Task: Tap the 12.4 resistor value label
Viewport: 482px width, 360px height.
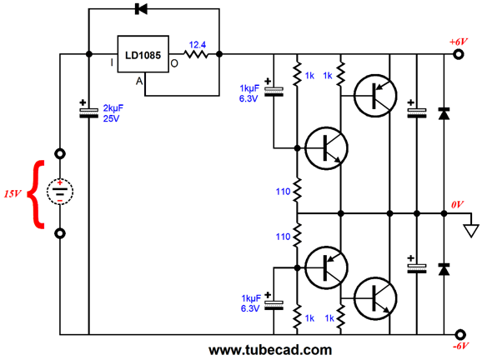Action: click(x=197, y=45)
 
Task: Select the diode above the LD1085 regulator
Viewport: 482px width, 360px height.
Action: click(x=141, y=8)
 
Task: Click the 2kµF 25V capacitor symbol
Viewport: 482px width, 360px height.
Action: click(x=89, y=112)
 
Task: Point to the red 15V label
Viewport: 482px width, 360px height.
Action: click(x=13, y=193)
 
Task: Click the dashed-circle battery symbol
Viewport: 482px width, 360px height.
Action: click(x=60, y=192)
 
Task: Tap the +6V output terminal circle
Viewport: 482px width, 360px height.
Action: click(x=459, y=54)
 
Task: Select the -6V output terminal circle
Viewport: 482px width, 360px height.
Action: click(x=459, y=334)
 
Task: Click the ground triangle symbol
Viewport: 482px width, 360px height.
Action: click(x=471, y=232)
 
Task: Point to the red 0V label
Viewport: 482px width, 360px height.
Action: click(x=457, y=204)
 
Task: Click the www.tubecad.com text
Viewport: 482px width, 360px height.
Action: click(x=270, y=350)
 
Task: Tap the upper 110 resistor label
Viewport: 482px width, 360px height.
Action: click(x=284, y=192)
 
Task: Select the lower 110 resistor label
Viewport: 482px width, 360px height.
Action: click(x=284, y=237)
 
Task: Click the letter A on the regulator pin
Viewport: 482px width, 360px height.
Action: click(x=139, y=81)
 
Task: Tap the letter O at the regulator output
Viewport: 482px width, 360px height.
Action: click(x=174, y=63)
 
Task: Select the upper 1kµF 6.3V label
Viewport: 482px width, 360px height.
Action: click(x=249, y=93)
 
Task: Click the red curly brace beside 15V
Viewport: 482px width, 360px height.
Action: click(x=36, y=194)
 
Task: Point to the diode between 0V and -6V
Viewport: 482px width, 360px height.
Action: click(x=444, y=269)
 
